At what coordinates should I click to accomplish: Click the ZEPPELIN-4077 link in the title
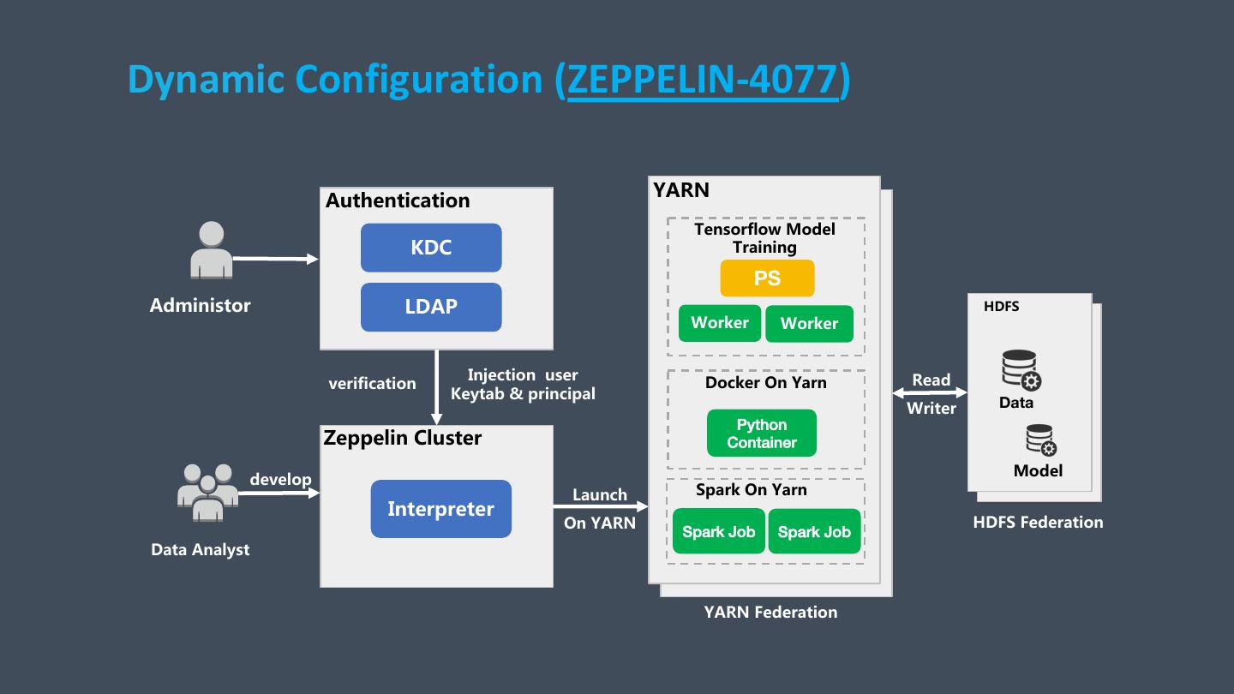point(702,80)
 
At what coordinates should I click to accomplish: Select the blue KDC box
point(431,248)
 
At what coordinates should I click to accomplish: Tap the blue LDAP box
point(431,307)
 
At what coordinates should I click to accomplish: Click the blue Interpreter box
point(440,509)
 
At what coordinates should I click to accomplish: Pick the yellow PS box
point(767,278)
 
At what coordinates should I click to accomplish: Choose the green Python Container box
point(762,434)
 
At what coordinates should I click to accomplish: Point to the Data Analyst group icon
point(207,492)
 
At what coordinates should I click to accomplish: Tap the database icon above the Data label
point(1021,370)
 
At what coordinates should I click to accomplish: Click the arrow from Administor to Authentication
point(274,258)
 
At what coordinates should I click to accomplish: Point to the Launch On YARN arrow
point(600,507)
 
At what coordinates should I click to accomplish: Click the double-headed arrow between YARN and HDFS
point(930,393)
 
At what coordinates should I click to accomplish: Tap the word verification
point(372,383)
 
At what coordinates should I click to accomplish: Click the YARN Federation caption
point(770,612)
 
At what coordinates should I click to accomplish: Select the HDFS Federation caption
point(1038,522)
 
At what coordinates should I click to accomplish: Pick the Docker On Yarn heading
point(766,382)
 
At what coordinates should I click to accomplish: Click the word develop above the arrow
point(280,479)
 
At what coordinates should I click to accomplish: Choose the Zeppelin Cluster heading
point(403,438)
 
